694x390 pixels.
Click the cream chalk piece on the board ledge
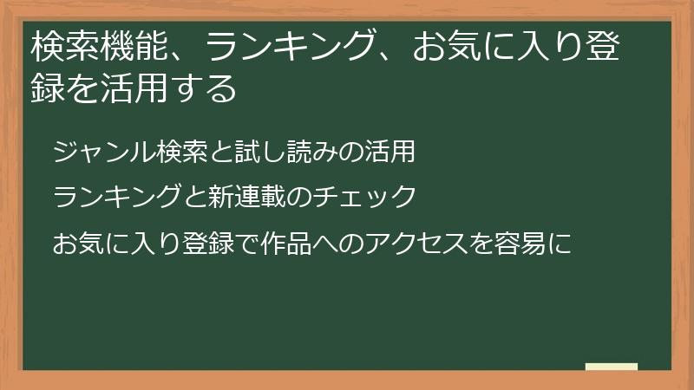click(x=612, y=367)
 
